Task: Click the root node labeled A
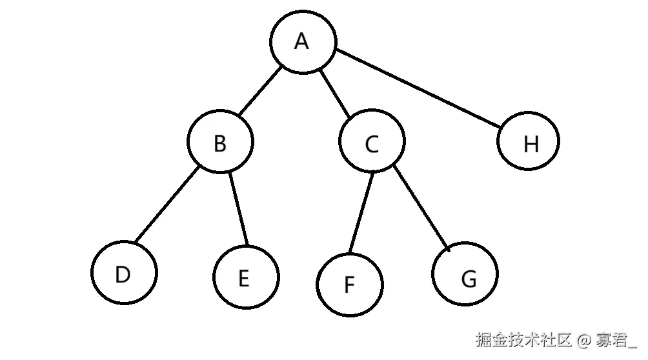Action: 303,41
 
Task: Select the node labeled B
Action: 220,142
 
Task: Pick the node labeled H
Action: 529,141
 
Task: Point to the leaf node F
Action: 349,285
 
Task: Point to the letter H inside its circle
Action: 531,145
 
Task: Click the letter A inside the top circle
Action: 301,41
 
